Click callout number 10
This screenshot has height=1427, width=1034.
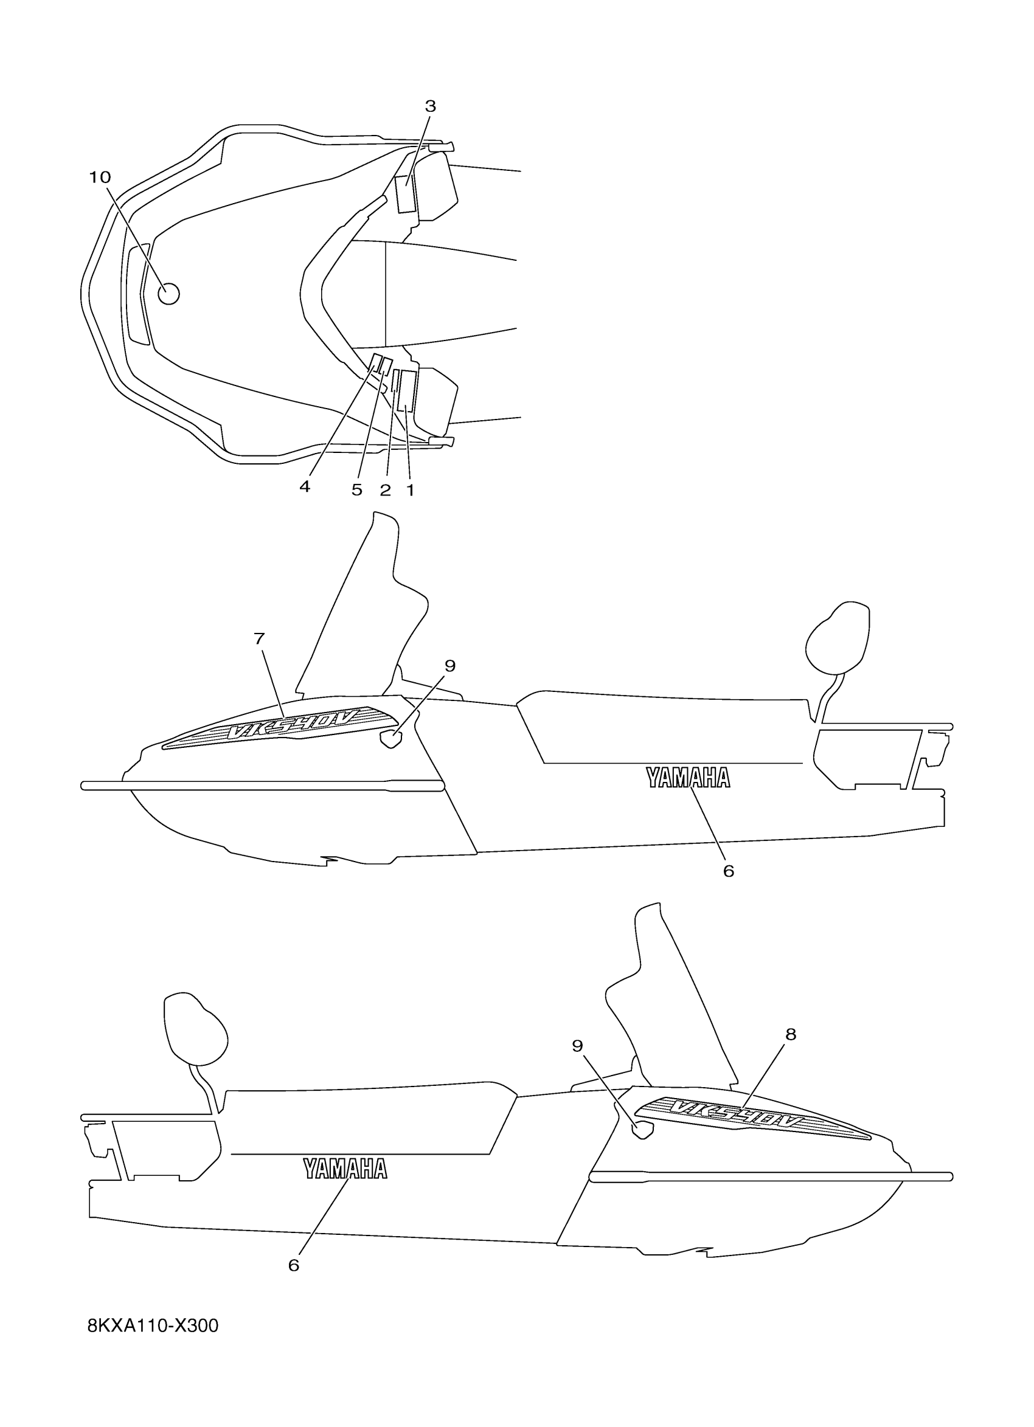[99, 178]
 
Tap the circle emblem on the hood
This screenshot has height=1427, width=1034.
[168, 293]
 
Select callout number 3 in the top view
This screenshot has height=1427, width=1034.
[431, 106]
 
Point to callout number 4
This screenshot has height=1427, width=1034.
[305, 486]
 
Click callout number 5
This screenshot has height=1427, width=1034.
[357, 490]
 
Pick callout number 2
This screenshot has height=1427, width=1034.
[385, 490]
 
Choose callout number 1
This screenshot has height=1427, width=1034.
[411, 490]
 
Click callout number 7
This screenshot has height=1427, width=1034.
[259, 638]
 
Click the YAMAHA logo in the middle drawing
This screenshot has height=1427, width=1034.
[688, 778]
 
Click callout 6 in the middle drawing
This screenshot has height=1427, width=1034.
[729, 871]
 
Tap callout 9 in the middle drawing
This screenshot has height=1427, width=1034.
[449, 666]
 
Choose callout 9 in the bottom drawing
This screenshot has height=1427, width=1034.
[577, 1046]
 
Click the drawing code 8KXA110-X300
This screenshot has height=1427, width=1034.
[153, 1343]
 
